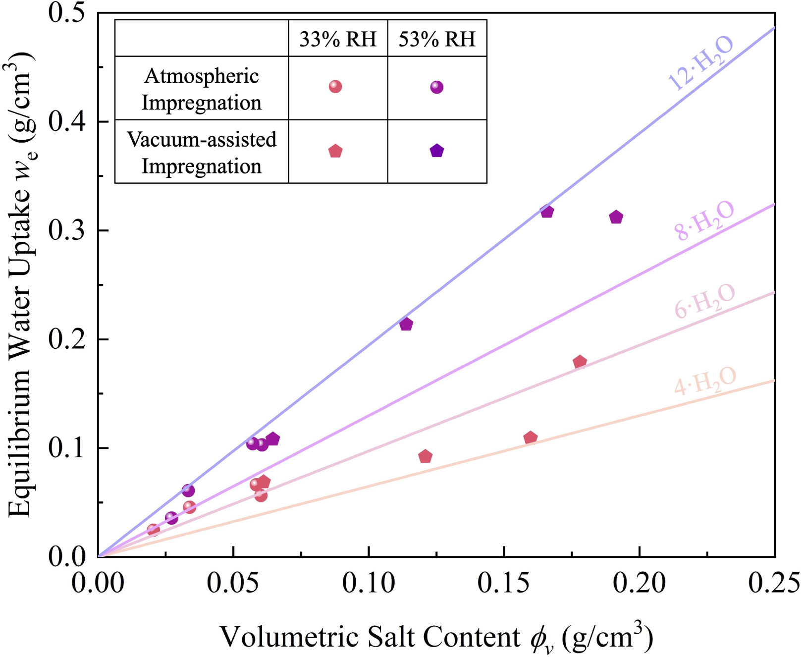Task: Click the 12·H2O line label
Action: pyautogui.click(x=700, y=63)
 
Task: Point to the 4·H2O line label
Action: pyautogui.click(x=705, y=382)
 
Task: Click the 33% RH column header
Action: pyautogui.click(x=338, y=39)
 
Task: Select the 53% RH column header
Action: pyautogui.click(x=437, y=39)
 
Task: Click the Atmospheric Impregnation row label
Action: pyautogui.click(x=202, y=89)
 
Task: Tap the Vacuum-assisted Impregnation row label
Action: pyautogui.click(x=202, y=153)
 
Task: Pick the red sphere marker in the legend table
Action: pyautogui.click(x=335, y=87)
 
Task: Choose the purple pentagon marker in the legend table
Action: pyautogui.click(x=436, y=151)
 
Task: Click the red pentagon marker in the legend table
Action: pyautogui.click(x=335, y=151)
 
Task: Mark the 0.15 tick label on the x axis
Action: pyautogui.click(x=504, y=583)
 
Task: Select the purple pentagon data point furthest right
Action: pyautogui.click(x=616, y=218)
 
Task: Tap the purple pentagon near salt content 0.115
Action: pyautogui.click(x=406, y=325)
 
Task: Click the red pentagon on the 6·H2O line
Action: pyautogui.click(x=580, y=362)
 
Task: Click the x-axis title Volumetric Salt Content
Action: pyautogui.click(x=436, y=638)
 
